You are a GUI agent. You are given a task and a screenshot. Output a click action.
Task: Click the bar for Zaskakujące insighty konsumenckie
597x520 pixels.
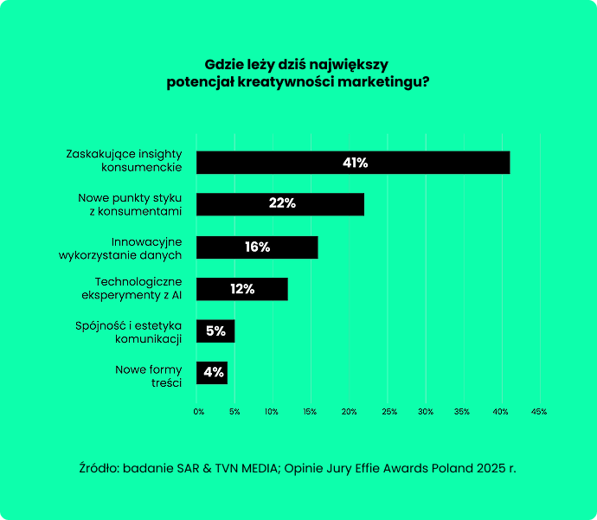pyautogui.click(x=353, y=163)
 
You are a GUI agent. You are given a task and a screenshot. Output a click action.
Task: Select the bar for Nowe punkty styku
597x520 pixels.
pyautogui.click(x=280, y=204)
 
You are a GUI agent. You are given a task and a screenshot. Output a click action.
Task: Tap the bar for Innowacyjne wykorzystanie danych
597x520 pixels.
pyautogui.click(x=257, y=247)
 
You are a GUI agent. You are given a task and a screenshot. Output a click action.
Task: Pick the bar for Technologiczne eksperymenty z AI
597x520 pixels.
pyautogui.click(x=241, y=289)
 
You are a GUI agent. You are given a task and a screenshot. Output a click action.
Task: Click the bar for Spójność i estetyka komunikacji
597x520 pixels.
pyautogui.click(x=215, y=331)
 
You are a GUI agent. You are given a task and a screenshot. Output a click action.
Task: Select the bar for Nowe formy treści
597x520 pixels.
pyautogui.click(x=212, y=373)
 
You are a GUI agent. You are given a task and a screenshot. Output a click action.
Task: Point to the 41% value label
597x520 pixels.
pyautogui.click(x=355, y=163)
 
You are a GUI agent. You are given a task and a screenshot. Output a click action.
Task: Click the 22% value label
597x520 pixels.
pyautogui.click(x=282, y=204)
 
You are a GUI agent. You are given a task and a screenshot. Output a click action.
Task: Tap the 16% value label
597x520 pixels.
pyautogui.click(x=257, y=247)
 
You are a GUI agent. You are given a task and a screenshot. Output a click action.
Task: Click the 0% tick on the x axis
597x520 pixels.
pyautogui.click(x=198, y=412)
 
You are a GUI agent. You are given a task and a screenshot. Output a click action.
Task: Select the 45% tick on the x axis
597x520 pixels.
pyautogui.click(x=539, y=412)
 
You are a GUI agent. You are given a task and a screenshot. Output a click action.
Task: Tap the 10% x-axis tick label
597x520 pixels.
pyautogui.click(x=273, y=412)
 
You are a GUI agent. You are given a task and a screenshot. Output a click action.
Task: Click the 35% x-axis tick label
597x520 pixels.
pyautogui.click(x=463, y=412)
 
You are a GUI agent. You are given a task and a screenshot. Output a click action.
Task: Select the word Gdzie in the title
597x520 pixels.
pyautogui.click(x=221, y=64)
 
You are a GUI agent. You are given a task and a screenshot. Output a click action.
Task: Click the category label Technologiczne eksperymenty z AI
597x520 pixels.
pyautogui.click(x=138, y=288)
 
